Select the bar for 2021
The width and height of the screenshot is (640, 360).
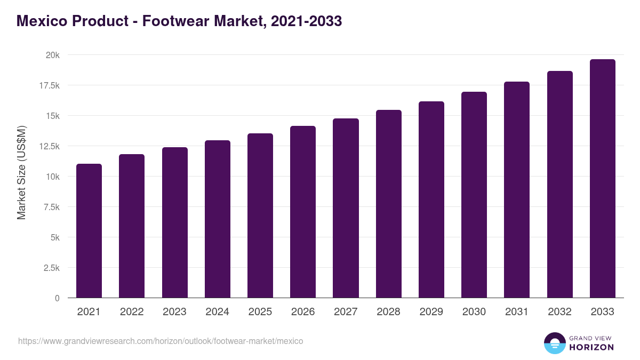click(x=89, y=230)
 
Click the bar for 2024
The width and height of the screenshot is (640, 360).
click(x=218, y=219)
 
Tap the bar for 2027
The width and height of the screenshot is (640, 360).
click(x=346, y=208)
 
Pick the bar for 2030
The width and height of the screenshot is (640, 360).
click(x=474, y=195)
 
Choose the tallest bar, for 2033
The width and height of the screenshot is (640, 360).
click(x=603, y=178)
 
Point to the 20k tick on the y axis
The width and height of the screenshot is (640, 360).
click(x=52, y=55)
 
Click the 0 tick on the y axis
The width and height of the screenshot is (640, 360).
click(x=57, y=298)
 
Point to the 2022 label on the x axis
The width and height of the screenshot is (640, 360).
click(x=132, y=312)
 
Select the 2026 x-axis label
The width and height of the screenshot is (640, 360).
click(x=303, y=312)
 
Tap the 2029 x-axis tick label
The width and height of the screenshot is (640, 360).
click(x=431, y=312)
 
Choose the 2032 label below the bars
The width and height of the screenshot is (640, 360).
click(x=559, y=312)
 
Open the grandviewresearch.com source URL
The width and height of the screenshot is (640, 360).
click(x=161, y=341)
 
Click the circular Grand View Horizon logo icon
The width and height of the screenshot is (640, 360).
click(x=555, y=343)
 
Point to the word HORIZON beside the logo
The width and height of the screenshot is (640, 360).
click(x=591, y=347)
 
